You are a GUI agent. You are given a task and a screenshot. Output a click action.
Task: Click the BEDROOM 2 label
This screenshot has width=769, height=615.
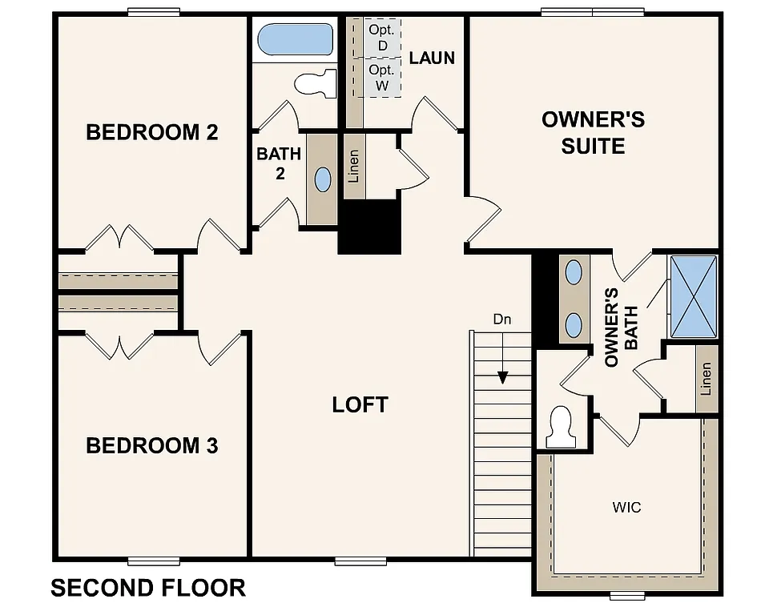pyautogui.click(x=152, y=132)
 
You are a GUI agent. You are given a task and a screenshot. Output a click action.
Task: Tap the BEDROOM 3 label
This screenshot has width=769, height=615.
pyautogui.click(x=152, y=445)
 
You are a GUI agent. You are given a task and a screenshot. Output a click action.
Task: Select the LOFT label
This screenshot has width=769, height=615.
pyautogui.click(x=360, y=404)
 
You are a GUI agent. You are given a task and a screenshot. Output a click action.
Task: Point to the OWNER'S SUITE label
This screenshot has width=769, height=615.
pyautogui.click(x=593, y=133)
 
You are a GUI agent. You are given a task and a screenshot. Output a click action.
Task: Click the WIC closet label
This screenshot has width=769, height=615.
pyautogui.click(x=626, y=508)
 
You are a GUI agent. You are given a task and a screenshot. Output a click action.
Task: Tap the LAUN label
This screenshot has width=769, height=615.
pyautogui.click(x=432, y=58)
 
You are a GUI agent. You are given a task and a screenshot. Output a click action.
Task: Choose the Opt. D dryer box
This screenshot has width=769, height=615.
pyautogui.click(x=382, y=38)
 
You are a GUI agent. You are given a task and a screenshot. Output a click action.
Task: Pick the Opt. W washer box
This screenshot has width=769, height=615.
pyautogui.click(x=382, y=78)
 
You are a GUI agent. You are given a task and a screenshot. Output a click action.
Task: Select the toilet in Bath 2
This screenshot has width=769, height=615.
pyautogui.click(x=315, y=82)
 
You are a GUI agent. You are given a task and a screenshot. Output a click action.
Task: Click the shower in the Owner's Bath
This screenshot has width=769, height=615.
pyautogui.click(x=693, y=296)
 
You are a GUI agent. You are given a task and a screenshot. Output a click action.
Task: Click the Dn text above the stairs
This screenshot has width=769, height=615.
pyautogui.click(x=501, y=320)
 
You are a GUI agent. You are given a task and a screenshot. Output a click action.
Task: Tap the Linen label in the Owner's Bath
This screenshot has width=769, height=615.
pyautogui.click(x=706, y=378)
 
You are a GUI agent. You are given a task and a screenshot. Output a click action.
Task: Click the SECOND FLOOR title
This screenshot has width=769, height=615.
pyautogui.click(x=148, y=588)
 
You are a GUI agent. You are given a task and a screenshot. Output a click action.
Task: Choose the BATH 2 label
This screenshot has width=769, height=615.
pyautogui.click(x=279, y=163)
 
